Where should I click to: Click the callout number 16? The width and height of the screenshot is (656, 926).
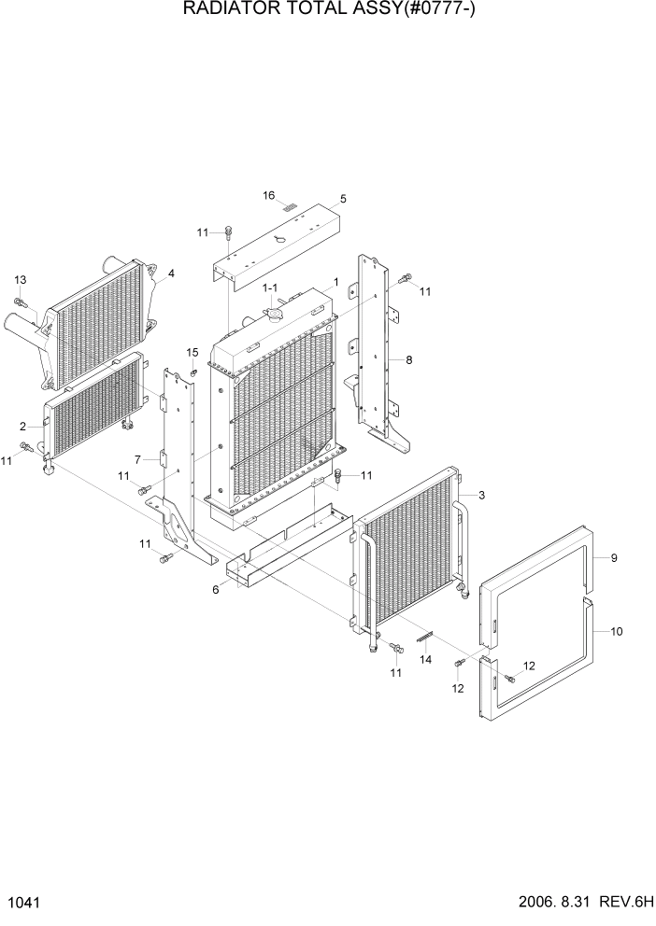click(x=268, y=196)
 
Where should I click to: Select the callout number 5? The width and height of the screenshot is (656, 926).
click(x=343, y=199)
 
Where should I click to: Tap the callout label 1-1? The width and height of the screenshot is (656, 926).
click(x=270, y=288)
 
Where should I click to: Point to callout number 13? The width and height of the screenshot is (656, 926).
click(x=20, y=280)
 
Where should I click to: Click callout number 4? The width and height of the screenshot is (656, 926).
click(x=171, y=274)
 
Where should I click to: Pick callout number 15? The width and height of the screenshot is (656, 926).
click(x=192, y=352)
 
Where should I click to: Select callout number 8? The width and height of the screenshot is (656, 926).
click(x=408, y=358)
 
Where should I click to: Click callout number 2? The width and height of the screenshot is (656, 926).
click(x=21, y=427)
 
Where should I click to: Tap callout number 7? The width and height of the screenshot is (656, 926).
click(x=138, y=460)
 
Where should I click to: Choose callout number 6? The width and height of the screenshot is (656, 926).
click(x=216, y=590)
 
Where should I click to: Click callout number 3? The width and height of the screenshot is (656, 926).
click(x=481, y=495)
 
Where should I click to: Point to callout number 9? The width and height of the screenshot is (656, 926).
click(x=614, y=558)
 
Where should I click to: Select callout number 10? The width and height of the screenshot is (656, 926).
click(x=616, y=632)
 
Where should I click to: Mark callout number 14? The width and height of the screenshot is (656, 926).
click(x=425, y=659)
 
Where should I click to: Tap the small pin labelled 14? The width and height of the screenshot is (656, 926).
click(x=427, y=637)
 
